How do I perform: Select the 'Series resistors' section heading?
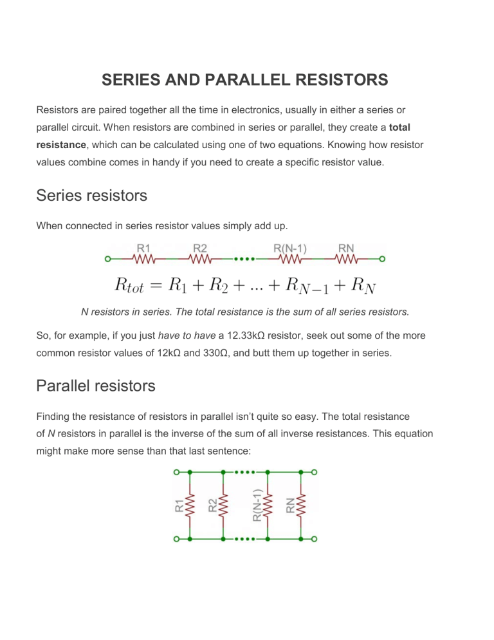92,196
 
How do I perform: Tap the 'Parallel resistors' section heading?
96,386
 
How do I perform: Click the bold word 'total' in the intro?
399,127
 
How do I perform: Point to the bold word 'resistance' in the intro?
61,145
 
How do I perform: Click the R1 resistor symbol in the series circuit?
144,259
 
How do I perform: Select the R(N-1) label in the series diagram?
290,248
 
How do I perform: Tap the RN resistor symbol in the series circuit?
346,259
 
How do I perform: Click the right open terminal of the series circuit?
382,259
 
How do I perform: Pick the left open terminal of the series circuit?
107,259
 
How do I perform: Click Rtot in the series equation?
129,285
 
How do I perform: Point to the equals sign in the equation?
156,285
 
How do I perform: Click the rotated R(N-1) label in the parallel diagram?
257,505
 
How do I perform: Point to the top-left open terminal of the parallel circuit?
177,472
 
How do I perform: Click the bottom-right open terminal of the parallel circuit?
314,539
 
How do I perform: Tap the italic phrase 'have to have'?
187,335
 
